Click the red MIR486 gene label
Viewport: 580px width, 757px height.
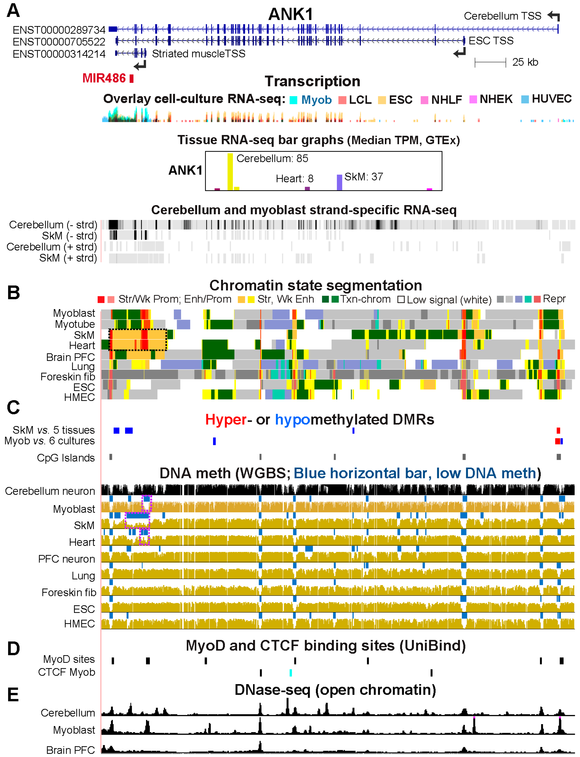click(x=104, y=78)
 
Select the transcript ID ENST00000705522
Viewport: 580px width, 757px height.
click(x=59, y=42)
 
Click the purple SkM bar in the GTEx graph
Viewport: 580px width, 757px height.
click(x=339, y=182)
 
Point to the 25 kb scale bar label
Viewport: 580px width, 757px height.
click(x=525, y=62)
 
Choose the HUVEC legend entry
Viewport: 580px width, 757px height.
click(x=551, y=99)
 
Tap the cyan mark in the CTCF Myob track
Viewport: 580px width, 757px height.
click(x=291, y=672)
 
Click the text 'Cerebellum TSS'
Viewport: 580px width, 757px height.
click(x=502, y=16)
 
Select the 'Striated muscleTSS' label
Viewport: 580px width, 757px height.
click(x=198, y=54)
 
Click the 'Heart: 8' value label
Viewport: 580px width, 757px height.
click(x=294, y=178)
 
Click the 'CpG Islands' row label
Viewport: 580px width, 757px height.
click(x=66, y=458)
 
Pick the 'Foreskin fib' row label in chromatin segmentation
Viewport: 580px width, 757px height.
click(x=68, y=377)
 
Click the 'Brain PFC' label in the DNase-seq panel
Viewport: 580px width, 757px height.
click(x=71, y=750)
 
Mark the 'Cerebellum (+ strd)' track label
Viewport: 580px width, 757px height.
click(x=52, y=247)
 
